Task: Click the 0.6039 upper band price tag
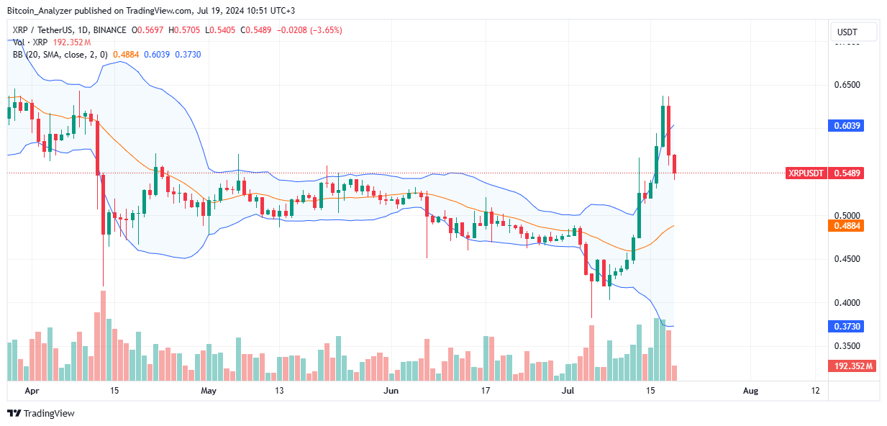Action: [847, 125]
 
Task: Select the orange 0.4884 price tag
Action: [847, 225]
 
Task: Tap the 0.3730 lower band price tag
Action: [847, 326]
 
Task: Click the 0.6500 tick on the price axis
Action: [847, 85]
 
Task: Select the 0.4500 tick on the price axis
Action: [847, 259]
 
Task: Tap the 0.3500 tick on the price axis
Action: [847, 346]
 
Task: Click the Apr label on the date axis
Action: [31, 391]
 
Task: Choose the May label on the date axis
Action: [209, 391]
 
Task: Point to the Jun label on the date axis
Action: [391, 391]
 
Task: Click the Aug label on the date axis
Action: [750, 391]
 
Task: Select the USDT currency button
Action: [854, 32]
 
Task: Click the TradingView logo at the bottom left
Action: [41, 414]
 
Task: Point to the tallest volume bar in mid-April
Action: [103, 335]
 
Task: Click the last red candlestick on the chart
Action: [675, 164]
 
